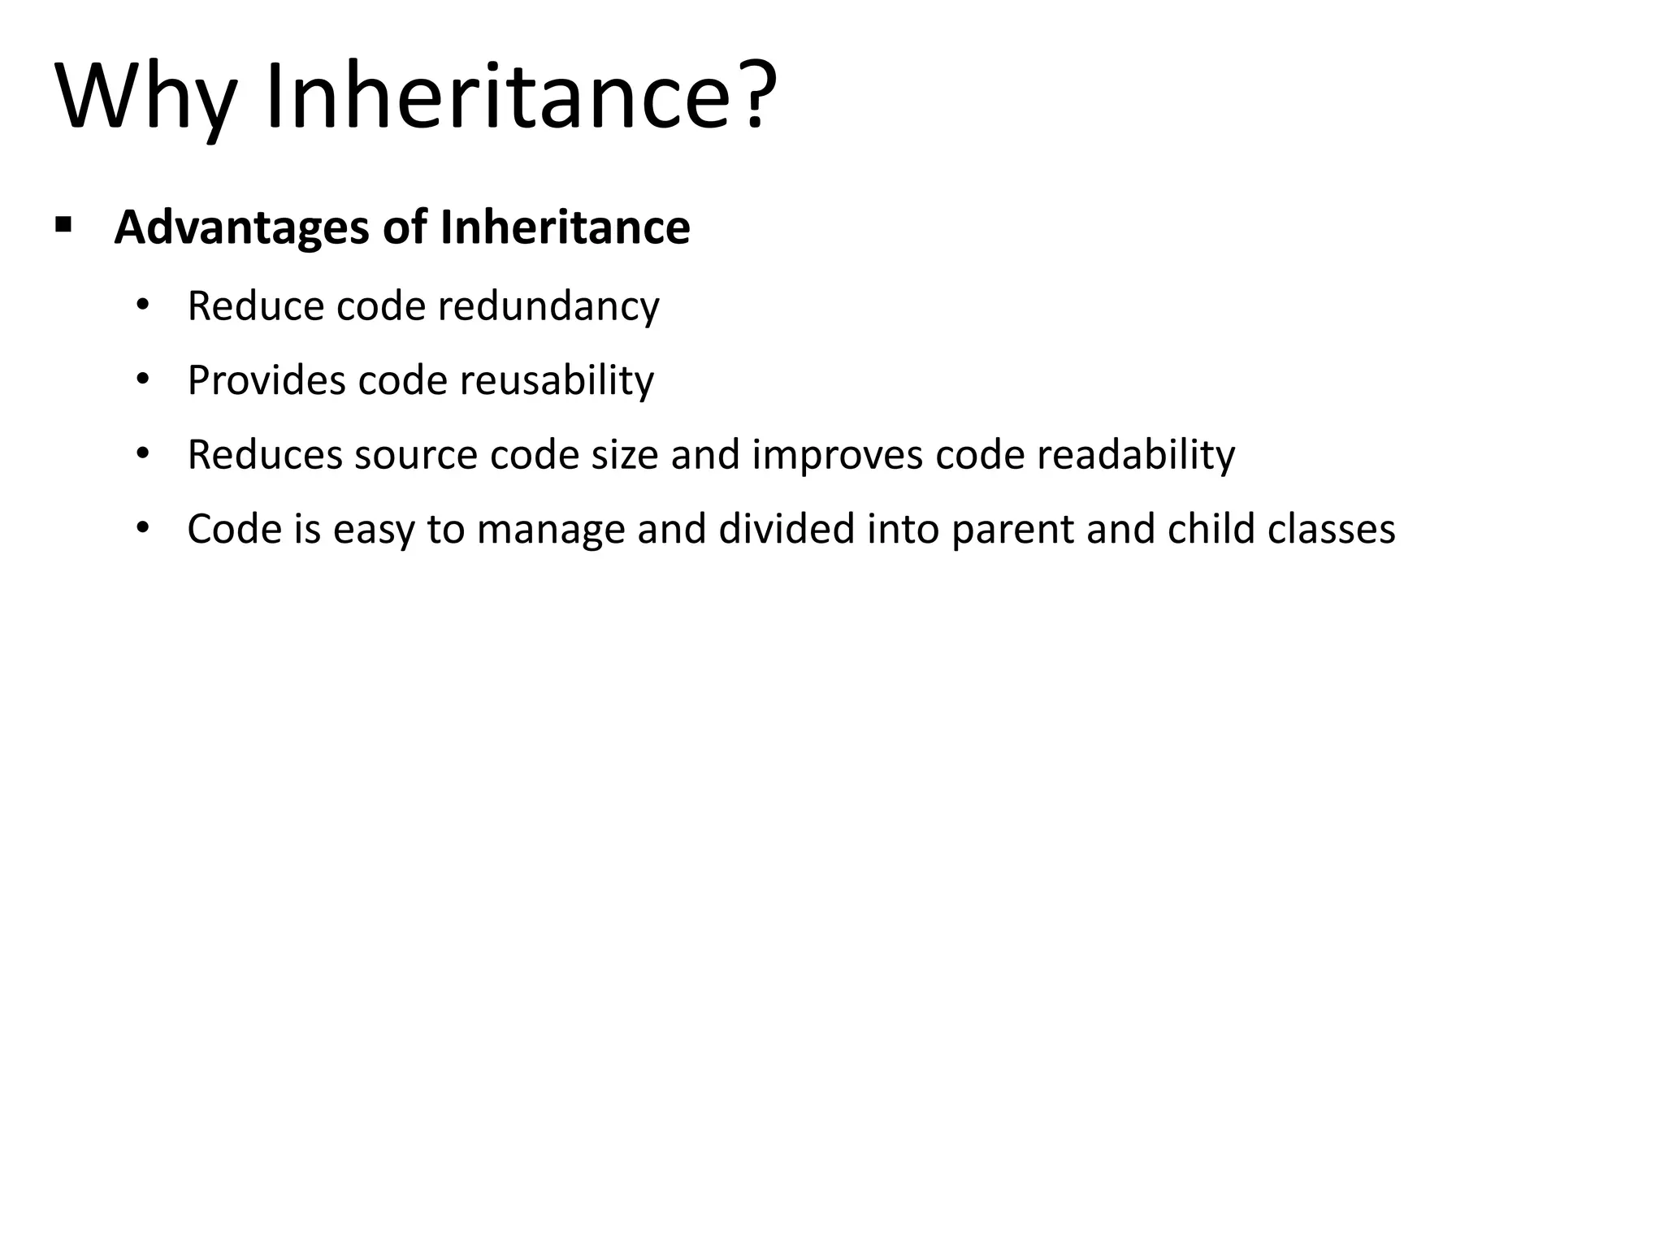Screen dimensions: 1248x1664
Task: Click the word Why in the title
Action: coord(146,97)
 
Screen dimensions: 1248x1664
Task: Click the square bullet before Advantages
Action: coord(63,223)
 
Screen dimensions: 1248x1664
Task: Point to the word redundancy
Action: coord(548,307)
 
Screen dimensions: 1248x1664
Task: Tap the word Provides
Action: coord(266,381)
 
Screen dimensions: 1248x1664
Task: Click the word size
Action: coord(624,455)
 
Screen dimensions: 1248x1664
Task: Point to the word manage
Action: coord(551,531)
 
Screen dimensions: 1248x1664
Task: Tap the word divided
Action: coord(786,529)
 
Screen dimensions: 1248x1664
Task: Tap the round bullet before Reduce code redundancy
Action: coord(143,306)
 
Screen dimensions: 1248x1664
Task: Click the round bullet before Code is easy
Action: coord(143,529)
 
